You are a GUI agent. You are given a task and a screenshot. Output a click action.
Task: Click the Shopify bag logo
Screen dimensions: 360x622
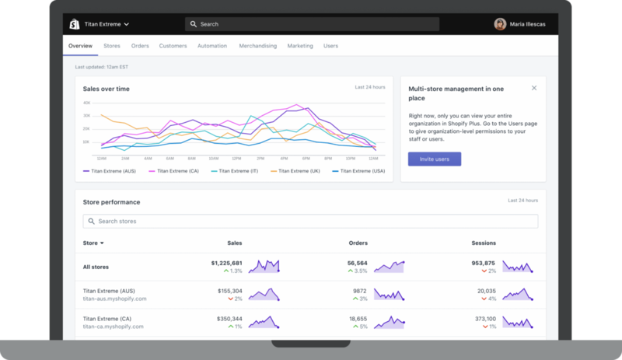pos(75,24)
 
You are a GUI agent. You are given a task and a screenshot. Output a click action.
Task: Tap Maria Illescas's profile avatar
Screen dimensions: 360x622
pos(500,24)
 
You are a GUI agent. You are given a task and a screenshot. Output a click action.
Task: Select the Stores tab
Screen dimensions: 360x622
pos(112,46)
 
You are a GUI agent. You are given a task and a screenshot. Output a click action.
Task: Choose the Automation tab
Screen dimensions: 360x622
pos(212,46)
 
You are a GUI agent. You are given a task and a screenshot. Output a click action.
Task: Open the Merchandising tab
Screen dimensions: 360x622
pos(257,46)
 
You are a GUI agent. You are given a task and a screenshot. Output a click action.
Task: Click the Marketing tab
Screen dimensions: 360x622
pos(300,46)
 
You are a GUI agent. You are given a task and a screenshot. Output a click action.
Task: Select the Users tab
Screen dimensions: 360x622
pos(330,46)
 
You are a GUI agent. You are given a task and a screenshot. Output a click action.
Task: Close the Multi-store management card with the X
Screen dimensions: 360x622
pos(534,88)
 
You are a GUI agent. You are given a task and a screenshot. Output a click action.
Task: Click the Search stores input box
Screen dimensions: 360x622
pos(311,222)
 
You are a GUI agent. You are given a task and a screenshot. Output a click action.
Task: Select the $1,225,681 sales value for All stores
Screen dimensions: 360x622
pos(226,263)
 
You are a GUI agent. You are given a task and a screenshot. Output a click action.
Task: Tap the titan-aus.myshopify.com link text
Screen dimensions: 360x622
pos(114,299)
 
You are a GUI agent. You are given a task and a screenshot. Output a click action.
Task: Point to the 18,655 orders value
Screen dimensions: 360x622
pos(358,319)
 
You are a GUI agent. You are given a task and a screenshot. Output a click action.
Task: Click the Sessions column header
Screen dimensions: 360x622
pos(484,243)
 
